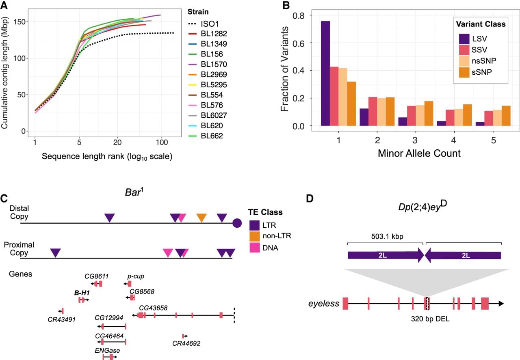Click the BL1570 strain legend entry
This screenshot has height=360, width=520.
click(x=207, y=64)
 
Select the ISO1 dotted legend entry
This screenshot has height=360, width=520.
click(x=204, y=24)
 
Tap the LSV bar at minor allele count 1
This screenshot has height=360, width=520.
click(x=325, y=73)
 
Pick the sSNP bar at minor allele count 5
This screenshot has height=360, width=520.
click(x=506, y=116)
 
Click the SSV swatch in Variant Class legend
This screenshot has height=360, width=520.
click(x=464, y=50)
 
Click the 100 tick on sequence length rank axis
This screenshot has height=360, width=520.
click(x=162, y=142)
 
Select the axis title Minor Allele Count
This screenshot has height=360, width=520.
click(x=419, y=153)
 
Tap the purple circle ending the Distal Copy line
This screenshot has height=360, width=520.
click(x=237, y=223)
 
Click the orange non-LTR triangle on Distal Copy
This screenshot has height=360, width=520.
click(x=201, y=217)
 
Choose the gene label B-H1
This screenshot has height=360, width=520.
click(x=82, y=293)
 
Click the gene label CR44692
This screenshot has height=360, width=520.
click(x=186, y=343)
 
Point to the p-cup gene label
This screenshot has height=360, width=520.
click(x=136, y=276)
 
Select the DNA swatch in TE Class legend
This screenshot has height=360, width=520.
click(x=254, y=248)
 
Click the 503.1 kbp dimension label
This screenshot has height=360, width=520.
click(x=387, y=236)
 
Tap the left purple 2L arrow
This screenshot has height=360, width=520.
click(x=386, y=255)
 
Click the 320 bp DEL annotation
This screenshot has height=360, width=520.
click(x=430, y=319)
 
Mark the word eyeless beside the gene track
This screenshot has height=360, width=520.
click(x=324, y=304)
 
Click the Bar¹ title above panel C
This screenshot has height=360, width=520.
click(x=134, y=192)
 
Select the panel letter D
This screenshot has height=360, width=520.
click(x=310, y=198)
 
